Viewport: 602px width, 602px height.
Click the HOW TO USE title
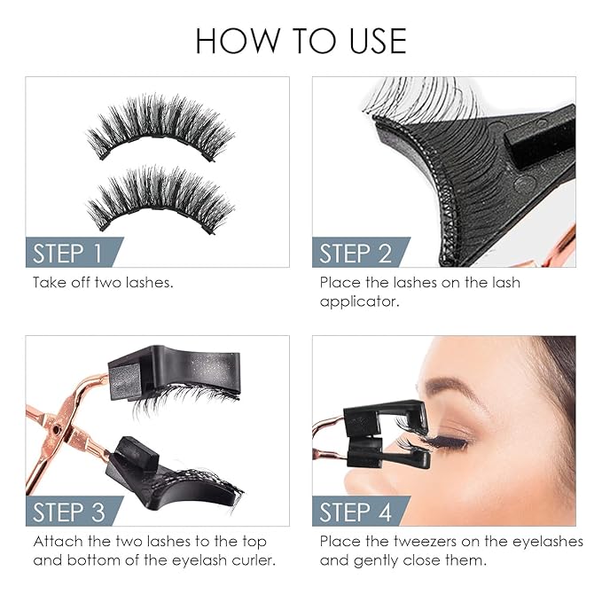301,41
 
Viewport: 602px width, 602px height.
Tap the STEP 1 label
67,254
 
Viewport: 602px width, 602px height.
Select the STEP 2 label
355,254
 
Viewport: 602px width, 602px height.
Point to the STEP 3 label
67,512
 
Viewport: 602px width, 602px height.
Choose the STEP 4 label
355,512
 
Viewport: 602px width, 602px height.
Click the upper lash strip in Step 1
160,129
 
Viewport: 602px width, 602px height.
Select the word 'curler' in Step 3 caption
255,560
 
